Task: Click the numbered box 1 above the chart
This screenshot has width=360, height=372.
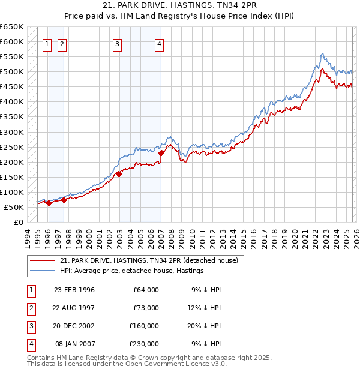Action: pyautogui.click(x=47, y=43)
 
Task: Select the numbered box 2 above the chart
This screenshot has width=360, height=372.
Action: pyautogui.click(x=62, y=43)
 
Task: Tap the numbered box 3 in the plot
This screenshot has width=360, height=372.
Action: pyautogui.click(x=117, y=43)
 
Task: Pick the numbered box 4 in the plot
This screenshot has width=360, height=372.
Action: pyautogui.click(x=159, y=43)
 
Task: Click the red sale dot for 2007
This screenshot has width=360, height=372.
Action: pyautogui.click(x=161, y=153)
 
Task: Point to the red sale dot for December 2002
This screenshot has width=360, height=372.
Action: pyautogui.click(x=119, y=174)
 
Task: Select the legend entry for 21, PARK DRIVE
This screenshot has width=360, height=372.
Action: pyautogui.click(x=149, y=260)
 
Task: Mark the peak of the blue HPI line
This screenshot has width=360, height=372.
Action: pyautogui.click(x=322, y=53)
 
